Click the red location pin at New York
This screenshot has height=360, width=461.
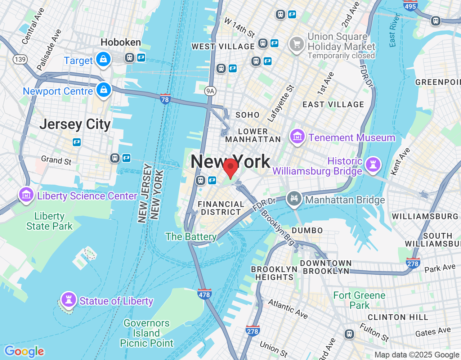point(230,168)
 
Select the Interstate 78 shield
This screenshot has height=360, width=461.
point(165,99)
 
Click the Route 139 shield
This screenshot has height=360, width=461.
point(20,59)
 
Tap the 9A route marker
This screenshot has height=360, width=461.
point(210,91)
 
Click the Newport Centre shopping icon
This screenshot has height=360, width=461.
point(104,90)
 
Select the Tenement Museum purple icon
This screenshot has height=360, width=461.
point(297,136)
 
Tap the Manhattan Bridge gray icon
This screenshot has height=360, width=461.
point(294,198)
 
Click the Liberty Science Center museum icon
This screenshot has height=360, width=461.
point(26,195)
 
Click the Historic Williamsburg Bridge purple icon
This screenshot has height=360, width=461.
point(373,165)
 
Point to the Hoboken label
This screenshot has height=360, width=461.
point(121,42)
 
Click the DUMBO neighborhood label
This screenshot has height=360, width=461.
point(307,230)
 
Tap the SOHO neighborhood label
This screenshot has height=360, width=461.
point(247,115)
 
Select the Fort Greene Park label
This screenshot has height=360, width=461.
point(359,300)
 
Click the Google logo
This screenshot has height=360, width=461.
point(24,351)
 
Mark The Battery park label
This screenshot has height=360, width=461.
point(191,237)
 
